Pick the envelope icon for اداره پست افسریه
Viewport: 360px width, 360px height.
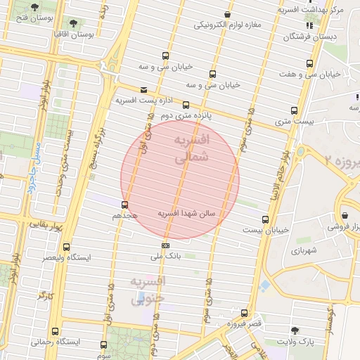click(144, 90)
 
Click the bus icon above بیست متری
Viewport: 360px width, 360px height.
click(293, 110)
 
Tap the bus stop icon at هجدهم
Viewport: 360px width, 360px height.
click(125, 205)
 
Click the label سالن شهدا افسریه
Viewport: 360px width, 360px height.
click(190, 212)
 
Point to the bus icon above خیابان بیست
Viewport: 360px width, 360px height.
click(264, 219)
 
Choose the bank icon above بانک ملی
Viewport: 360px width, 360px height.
click(165, 245)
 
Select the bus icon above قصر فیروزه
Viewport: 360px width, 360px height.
click(244, 313)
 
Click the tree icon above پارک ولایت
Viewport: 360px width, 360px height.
click(303, 330)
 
